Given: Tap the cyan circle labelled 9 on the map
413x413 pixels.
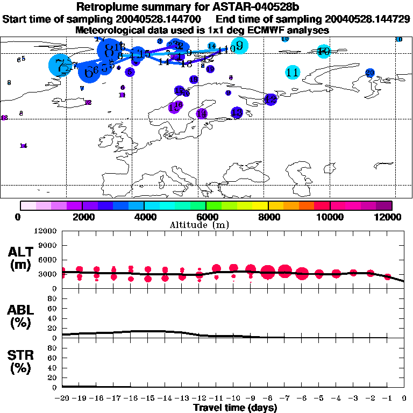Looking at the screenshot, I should point(239,46).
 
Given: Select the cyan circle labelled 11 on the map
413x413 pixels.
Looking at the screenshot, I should point(293,72).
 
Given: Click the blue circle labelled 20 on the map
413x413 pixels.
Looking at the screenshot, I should point(370,73).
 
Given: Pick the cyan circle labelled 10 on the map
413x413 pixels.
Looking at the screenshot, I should point(323,52).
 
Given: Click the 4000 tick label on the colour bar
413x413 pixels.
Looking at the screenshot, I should point(144,217).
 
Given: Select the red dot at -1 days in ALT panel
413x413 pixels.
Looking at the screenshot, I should point(388,277).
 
